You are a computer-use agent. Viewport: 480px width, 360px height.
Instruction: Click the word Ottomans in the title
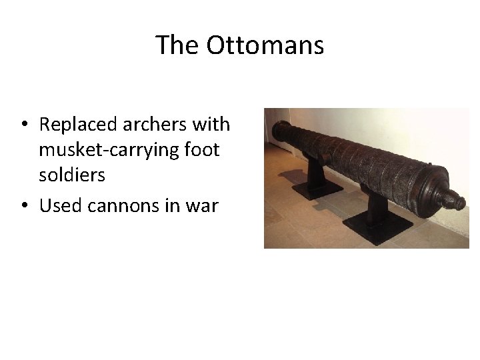click(x=265, y=45)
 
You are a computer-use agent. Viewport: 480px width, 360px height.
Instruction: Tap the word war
click(x=203, y=205)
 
